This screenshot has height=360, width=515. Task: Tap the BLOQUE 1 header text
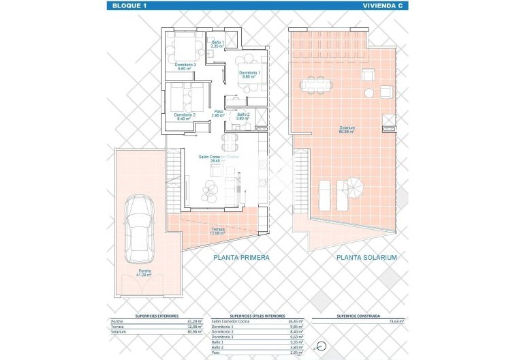127,5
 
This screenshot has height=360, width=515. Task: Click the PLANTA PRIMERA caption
241,258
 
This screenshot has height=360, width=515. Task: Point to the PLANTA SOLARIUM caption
366,258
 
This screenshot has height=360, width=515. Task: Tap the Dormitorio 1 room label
248,74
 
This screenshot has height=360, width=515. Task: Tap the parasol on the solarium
353,185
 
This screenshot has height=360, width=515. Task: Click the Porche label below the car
143,273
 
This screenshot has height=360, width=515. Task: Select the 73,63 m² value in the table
395,320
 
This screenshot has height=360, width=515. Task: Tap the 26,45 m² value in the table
296,320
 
